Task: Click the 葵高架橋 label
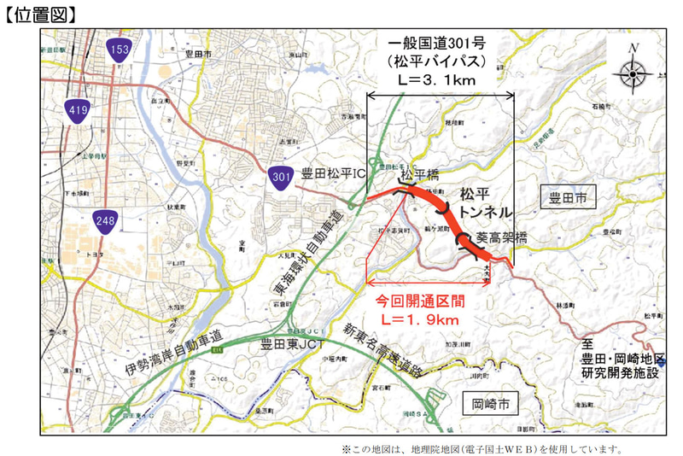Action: tap(502, 237)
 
